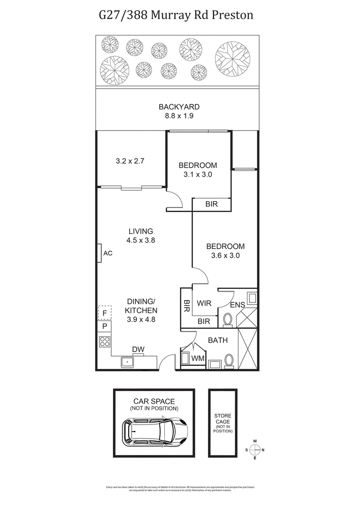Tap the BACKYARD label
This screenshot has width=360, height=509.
coord(179,107)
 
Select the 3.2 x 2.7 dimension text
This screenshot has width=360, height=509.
coord(130,161)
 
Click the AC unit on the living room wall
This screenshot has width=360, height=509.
coord(99,253)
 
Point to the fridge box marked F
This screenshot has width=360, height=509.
coord(104,312)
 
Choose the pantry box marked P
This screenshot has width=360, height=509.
coord(104,326)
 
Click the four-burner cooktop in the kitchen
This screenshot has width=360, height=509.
coord(104,342)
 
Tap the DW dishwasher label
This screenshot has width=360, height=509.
coord(138,349)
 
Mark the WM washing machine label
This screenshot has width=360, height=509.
coord(198,359)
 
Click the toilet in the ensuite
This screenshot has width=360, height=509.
coord(228,320)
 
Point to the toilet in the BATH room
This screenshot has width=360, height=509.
coord(229,360)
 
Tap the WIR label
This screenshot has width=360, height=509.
coord(204,303)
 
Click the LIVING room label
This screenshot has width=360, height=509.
coord(140,231)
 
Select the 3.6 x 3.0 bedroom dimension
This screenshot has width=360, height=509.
coord(225,255)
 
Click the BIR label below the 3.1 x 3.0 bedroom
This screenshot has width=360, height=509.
coord(211,204)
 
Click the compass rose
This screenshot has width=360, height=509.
coord(255,450)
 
